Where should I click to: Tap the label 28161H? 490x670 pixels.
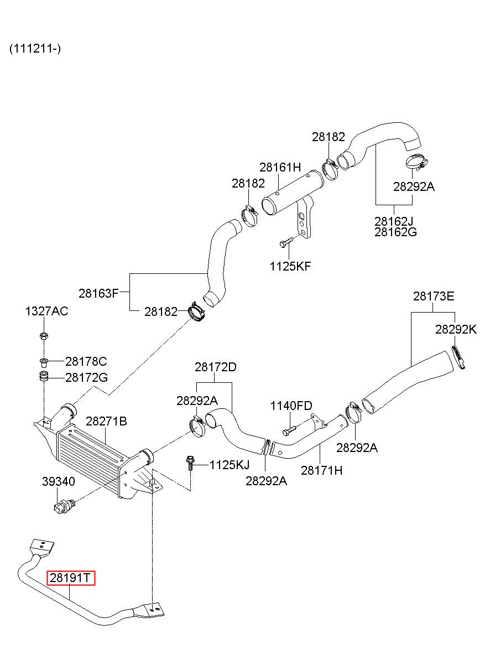click(x=280, y=167)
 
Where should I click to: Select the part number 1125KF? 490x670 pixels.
click(x=290, y=266)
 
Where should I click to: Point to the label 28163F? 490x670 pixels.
click(x=98, y=293)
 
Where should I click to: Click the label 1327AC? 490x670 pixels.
click(x=46, y=311)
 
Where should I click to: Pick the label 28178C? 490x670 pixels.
click(x=86, y=361)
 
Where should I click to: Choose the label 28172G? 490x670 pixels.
click(x=86, y=377)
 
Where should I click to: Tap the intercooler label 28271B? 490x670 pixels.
click(x=106, y=421)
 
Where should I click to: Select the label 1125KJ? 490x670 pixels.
click(x=230, y=465)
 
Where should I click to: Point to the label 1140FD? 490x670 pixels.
click(x=291, y=406)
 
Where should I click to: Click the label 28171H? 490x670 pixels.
click(x=322, y=470)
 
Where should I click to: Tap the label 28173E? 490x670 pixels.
click(x=434, y=296)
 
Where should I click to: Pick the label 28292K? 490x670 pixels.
click(x=456, y=329)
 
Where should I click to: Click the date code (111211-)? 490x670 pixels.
click(x=35, y=48)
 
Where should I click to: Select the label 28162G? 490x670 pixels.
click(x=395, y=232)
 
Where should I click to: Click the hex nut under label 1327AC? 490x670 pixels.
click(x=44, y=336)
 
